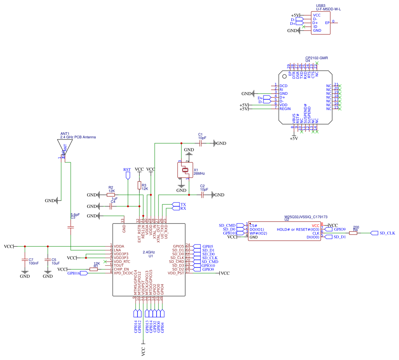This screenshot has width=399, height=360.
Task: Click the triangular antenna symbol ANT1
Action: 65,147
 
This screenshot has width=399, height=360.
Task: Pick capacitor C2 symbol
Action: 202,195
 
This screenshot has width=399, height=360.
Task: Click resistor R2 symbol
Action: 111,195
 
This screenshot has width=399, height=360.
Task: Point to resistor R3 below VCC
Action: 139,185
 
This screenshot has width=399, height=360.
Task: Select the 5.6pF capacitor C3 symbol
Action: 71,227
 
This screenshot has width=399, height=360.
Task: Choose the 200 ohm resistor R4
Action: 353,233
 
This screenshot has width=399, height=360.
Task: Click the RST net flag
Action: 128,175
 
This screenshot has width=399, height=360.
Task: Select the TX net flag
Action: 176,204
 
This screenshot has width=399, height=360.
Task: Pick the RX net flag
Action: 176,209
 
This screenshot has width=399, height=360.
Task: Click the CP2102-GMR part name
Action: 317,58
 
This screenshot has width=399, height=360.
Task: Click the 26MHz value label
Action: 199,174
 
